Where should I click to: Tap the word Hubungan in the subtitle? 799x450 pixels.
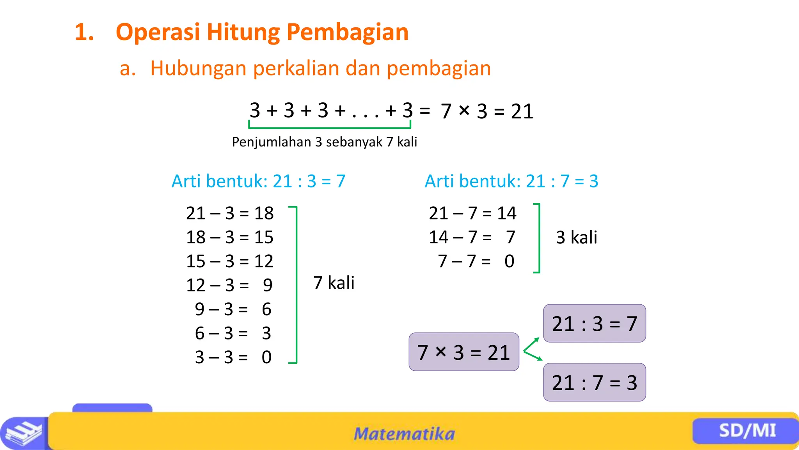coord(198,68)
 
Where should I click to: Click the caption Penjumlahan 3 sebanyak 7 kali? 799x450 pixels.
coord(324,142)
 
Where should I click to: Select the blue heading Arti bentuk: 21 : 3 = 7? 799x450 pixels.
coord(258,181)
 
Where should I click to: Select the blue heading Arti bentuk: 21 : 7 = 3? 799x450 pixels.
coord(511,181)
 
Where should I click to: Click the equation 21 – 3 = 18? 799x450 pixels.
coord(230,213)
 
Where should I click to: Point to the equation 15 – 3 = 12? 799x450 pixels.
coord(230,261)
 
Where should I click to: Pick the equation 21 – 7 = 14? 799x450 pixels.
coord(472,213)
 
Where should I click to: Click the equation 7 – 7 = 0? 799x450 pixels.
coord(476,261)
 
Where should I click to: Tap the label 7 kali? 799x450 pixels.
coord(334,283)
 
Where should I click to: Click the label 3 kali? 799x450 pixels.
coord(576,237)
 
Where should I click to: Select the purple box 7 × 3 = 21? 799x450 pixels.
coord(463,352)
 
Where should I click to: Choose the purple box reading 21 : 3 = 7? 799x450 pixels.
coord(594,323)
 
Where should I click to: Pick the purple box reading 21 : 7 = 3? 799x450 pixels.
coord(594,382)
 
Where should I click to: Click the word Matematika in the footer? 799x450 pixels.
coord(404,434)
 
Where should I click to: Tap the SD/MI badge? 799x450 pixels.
coord(747,431)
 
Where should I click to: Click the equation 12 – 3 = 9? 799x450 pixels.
coord(229,285)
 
